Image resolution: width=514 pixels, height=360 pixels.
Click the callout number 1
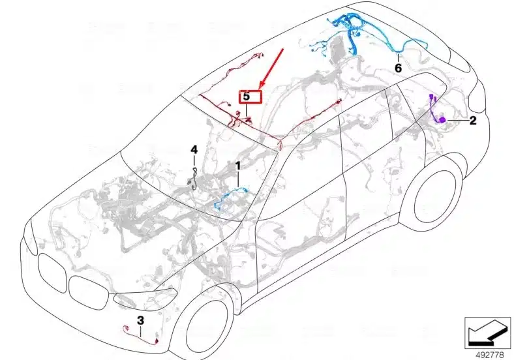click(237, 166)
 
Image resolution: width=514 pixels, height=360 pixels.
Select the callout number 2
click(472, 121)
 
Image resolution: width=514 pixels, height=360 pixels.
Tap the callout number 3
click(140, 320)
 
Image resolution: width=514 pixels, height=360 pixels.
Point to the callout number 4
click(194, 150)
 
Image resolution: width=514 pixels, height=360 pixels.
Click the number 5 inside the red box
click(246, 97)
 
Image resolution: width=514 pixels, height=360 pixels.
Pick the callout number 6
click(398, 68)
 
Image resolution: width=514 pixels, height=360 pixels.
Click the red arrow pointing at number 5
click(271, 68)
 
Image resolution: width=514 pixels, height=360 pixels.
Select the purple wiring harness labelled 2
click(436, 109)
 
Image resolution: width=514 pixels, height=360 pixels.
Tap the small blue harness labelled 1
click(230, 198)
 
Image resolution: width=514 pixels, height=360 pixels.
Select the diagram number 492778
click(489, 355)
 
